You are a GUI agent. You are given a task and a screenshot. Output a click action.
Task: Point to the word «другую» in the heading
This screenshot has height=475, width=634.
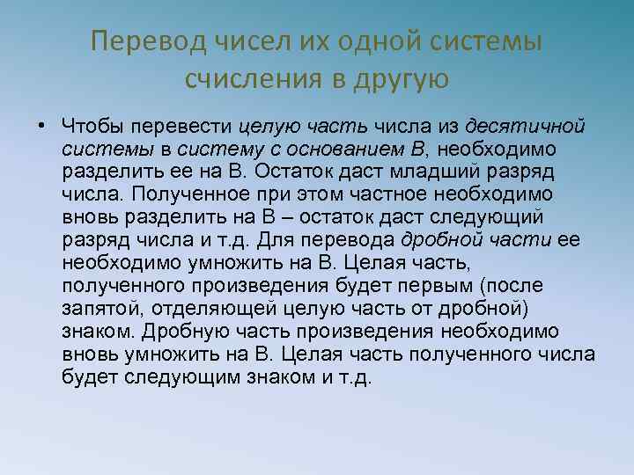401,80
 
